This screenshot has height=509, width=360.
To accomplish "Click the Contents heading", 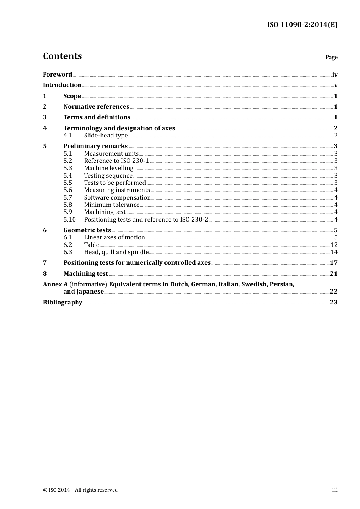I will (x=63, y=56).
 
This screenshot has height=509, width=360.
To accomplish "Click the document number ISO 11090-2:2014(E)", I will (x=302, y=25).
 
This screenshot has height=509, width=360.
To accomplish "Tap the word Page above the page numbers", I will (x=331, y=57).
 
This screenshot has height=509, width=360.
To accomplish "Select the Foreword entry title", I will (x=57, y=75).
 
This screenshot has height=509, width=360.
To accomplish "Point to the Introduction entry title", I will (x=62, y=85).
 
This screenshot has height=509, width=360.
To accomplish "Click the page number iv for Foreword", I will (x=335, y=75).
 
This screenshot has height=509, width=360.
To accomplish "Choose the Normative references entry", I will (x=96, y=107).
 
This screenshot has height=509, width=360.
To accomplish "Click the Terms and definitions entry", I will (x=97, y=117).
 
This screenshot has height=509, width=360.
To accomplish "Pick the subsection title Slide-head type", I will (x=106, y=136).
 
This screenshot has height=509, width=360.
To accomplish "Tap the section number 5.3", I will (x=68, y=168).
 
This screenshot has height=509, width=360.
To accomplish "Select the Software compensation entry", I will (x=117, y=197).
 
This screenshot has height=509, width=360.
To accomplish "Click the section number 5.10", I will (x=69, y=220).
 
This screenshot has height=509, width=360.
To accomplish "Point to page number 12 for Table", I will (x=334, y=245).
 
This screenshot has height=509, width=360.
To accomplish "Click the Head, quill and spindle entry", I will (x=116, y=252).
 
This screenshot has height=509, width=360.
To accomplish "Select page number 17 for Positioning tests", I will (x=333, y=263).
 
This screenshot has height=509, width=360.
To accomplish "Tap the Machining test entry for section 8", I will (x=86, y=274).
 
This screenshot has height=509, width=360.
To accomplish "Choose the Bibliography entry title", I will (x=63, y=303).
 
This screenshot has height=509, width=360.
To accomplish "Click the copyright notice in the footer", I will (x=80, y=490).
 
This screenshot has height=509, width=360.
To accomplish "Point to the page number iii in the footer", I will (x=335, y=490).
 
